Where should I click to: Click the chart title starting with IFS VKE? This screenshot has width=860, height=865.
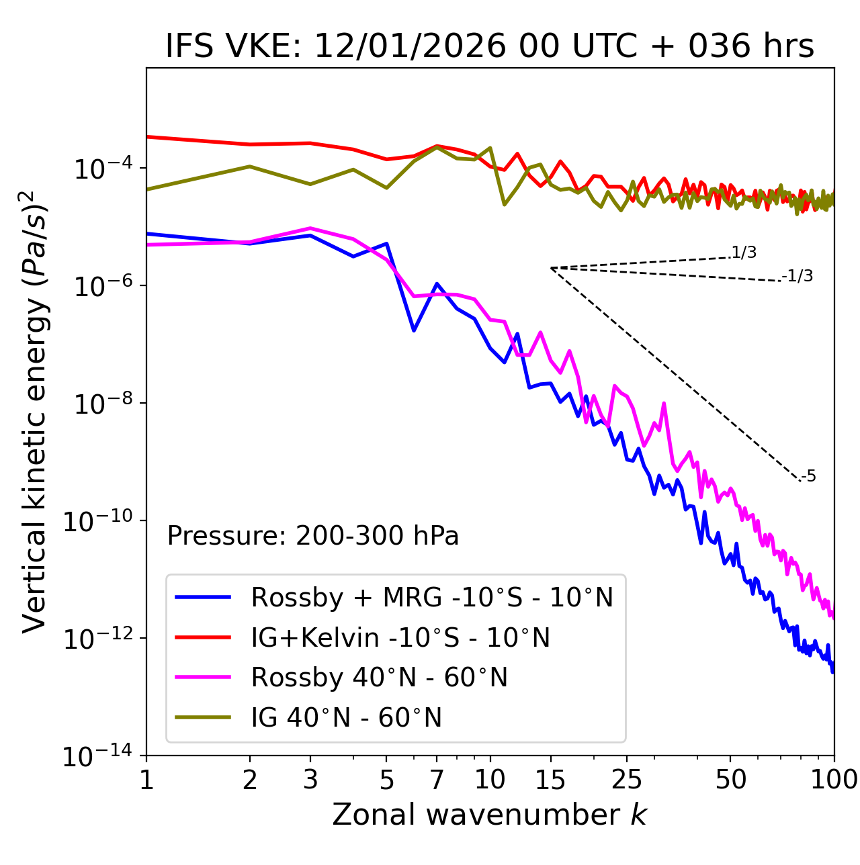[x=489, y=47]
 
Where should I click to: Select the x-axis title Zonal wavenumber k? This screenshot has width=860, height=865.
[x=489, y=815]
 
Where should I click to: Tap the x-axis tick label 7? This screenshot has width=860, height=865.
[x=437, y=780]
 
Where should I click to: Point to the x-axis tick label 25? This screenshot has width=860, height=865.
[x=626, y=780]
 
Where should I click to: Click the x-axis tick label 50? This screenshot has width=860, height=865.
[x=730, y=780]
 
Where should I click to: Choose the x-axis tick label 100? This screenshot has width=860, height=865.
[x=834, y=780]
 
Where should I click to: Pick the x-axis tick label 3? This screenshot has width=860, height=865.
[x=311, y=780]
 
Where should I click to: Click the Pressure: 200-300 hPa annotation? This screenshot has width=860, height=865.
[x=312, y=536]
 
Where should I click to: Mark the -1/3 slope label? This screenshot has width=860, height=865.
[x=798, y=276]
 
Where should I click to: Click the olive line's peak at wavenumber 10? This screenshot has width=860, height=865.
[x=490, y=148]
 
